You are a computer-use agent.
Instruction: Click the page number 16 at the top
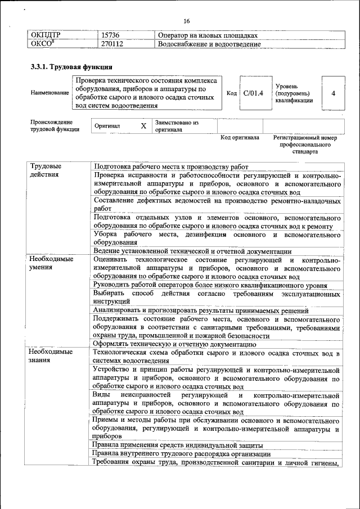click(186, 21)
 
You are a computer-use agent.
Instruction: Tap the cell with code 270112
click(112, 44)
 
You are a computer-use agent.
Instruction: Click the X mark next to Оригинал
click(143, 126)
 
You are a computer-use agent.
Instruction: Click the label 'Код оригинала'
click(240, 137)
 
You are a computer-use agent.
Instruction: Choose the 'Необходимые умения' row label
click(51, 263)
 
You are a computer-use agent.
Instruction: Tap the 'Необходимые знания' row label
click(51, 356)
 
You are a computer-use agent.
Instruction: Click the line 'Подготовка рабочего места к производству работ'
click(171, 167)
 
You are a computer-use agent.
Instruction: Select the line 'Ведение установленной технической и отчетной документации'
click(192, 251)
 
